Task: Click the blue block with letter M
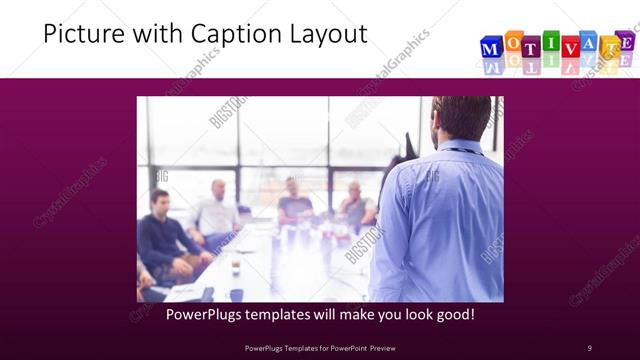pos(492,48)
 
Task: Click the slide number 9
pos(589,347)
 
